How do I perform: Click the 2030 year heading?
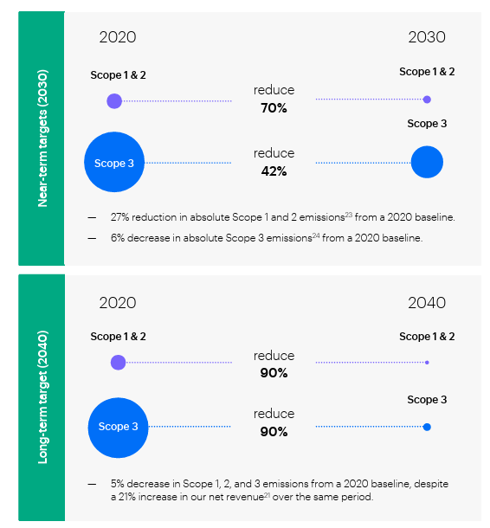(x=427, y=37)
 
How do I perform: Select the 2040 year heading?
(x=427, y=303)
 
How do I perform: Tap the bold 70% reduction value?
(x=274, y=108)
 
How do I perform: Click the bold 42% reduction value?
(x=274, y=171)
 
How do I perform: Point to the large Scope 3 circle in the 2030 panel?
(x=114, y=162)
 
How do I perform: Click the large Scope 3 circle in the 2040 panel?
(x=119, y=428)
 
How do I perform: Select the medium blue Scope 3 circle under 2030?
(x=427, y=162)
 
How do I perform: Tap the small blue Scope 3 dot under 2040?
(x=427, y=427)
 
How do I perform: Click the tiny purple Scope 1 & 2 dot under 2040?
(x=427, y=363)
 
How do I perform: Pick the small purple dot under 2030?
(x=427, y=100)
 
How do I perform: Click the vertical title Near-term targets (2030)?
(x=42, y=138)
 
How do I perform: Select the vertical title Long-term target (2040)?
(x=42, y=397)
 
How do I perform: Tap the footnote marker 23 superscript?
(x=349, y=215)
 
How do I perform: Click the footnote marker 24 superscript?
(x=316, y=235)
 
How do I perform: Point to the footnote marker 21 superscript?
(x=267, y=494)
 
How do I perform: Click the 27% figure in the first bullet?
(x=119, y=217)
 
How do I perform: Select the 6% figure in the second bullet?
(x=117, y=238)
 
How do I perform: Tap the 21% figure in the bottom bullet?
(x=126, y=497)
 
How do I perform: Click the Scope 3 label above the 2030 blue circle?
(x=427, y=124)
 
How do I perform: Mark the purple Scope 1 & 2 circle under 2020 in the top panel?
(x=114, y=101)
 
